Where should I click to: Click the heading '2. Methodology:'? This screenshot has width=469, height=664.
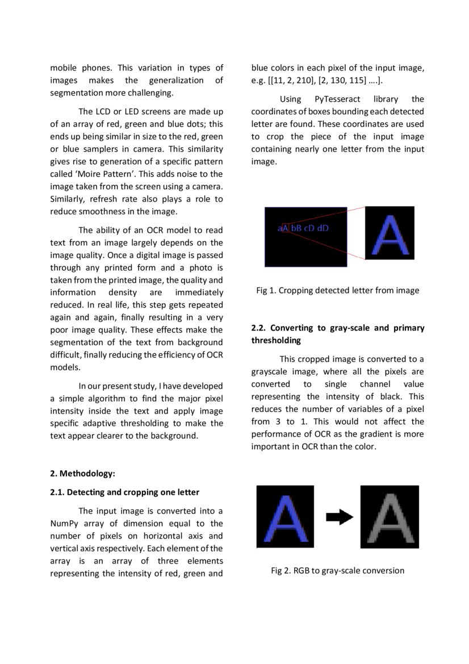82,474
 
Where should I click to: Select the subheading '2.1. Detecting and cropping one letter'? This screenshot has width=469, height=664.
124,492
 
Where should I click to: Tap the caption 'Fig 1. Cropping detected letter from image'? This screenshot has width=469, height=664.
337,291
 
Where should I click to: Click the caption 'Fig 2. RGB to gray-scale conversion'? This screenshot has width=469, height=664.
337,570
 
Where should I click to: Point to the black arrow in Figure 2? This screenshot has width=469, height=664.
340,517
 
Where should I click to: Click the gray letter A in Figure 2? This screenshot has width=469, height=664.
390,517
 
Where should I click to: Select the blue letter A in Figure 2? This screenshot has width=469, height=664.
285,517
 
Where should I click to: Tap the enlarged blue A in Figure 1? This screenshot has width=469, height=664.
390,233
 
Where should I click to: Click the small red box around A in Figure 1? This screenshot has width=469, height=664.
286,228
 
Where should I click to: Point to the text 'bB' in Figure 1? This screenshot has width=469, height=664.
296,228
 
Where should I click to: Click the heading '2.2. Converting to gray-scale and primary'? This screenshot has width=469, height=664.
337,328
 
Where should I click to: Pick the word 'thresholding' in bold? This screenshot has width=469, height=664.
276,341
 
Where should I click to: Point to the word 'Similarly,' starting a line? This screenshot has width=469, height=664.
69,199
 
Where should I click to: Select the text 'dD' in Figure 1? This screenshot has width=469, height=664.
323,228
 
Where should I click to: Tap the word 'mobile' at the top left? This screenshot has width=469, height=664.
63,68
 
